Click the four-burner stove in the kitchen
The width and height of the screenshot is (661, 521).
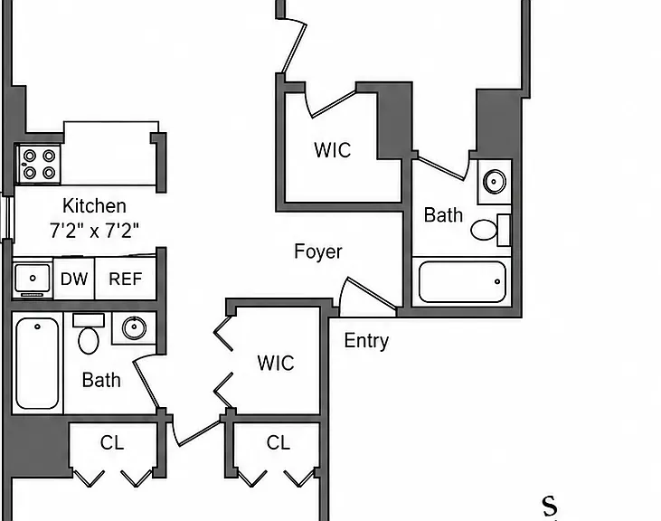pos(39,164)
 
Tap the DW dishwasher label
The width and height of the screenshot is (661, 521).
pos(74,279)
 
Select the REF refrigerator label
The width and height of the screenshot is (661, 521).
pos(125,279)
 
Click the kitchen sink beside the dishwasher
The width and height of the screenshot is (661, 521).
pos(33,279)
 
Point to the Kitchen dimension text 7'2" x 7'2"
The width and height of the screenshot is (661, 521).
pos(94,231)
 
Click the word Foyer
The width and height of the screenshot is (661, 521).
pos(318,251)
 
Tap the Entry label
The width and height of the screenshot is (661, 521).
pos(366,341)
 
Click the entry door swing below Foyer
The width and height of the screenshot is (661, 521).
pos(368,296)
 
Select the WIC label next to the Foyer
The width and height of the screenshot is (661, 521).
pos(332,150)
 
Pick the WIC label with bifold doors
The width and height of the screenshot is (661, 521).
pos(276,363)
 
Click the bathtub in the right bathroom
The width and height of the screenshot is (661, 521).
pos(462,281)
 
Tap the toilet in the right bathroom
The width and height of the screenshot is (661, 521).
pos(490,230)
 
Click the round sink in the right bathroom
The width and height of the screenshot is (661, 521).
pos(494,181)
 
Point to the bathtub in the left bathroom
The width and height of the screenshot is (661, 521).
pos(37,363)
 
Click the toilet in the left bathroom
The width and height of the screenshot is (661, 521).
pos(89,334)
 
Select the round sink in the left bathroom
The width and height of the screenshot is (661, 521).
pos(134,327)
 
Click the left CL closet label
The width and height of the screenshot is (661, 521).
pos(112,442)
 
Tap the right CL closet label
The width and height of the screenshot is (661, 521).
pos(279,442)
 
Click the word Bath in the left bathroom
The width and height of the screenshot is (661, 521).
pos(101,380)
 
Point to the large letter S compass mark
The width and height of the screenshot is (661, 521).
pos(549,506)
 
